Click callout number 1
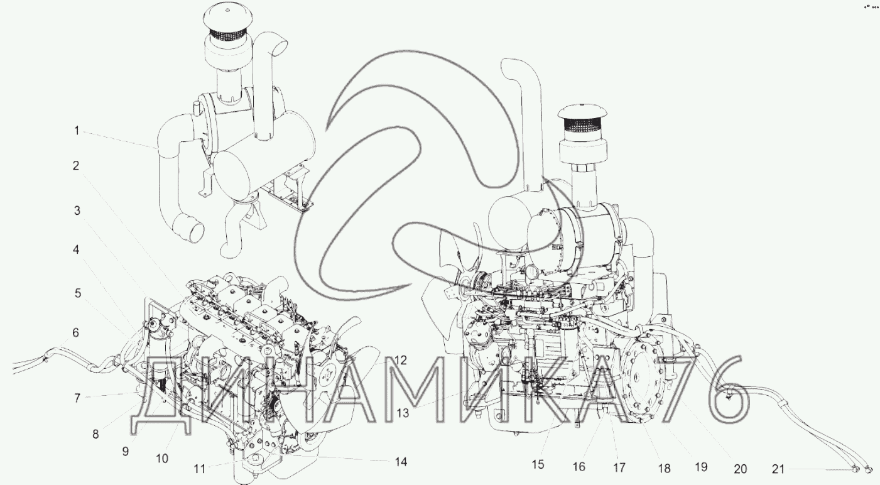point(77,131)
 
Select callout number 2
point(76,166)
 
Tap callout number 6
point(75,332)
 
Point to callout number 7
point(77,398)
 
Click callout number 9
point(126,452)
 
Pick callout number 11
point(200,469)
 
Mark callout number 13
point(403,413)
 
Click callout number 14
point(401,462)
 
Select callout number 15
point(538,464)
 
